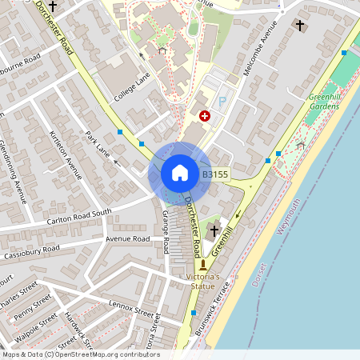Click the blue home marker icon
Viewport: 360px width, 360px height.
(180, 173)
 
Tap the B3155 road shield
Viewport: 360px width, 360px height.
(215, 174)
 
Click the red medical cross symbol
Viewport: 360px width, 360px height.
(204, 116)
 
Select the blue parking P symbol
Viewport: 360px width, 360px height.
(223, 102)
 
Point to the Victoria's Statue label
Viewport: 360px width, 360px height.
(202, 281)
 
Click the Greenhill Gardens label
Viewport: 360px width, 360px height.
(324, 102)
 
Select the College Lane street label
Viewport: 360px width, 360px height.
(131, 87)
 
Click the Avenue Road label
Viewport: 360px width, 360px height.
(127, 238)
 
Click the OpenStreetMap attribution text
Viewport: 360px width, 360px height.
(80, 354)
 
